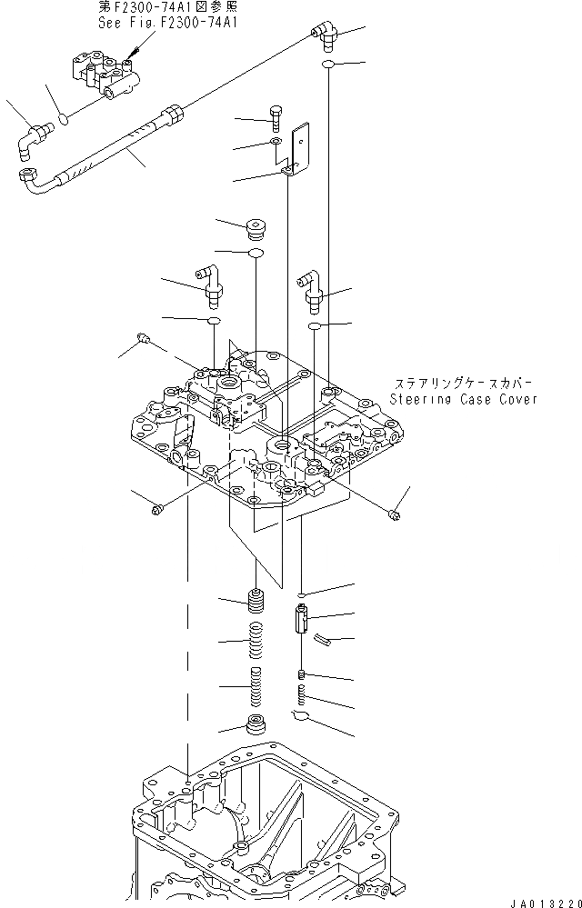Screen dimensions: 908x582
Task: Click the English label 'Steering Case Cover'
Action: (x=464, y=398)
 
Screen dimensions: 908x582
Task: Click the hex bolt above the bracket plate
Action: (x=277, y=116)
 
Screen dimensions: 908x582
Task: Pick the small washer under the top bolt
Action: (x=276, y=143)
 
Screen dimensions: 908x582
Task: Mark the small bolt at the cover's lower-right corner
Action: (x=395, y=515)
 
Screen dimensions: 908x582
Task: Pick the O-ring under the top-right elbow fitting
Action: (x=329, y=65)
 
